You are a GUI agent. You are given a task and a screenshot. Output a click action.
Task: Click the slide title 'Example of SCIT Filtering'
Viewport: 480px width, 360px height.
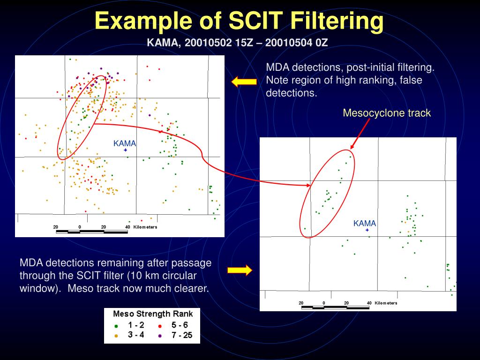(x=239, y=21)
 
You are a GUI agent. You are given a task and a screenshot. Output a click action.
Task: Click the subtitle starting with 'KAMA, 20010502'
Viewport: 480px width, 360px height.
(x=237, y=43)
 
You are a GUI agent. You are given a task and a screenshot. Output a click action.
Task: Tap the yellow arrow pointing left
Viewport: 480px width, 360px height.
(x=244, y=82)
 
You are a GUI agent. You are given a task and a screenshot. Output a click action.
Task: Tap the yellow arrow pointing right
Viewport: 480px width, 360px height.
(x=240, y=270)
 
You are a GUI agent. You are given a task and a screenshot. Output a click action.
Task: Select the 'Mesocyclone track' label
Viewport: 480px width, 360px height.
(x=386, y=113)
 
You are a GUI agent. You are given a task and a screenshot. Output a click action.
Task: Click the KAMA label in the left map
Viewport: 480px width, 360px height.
(x=125, y=143)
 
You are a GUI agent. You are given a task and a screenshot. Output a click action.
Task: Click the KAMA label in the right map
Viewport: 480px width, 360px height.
(x=365, y=224)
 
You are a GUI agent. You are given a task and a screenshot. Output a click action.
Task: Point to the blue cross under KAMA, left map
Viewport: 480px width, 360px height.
(x=125, y=150)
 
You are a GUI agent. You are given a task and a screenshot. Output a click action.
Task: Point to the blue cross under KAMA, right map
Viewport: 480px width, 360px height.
(x=367, y=230)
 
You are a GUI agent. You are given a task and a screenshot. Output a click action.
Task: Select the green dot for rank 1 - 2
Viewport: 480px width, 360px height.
(x=116, y=325)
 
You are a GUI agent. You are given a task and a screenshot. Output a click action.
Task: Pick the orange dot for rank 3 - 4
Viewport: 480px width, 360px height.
(x=116, y=336)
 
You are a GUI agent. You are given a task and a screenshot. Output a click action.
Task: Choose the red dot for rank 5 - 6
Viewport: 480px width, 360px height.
(x=160, y=325)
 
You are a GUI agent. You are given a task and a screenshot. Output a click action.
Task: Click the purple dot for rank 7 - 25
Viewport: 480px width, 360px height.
(x=160, y=336)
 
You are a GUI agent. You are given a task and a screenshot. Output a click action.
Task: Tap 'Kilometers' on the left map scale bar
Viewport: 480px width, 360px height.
(x=145, y=227)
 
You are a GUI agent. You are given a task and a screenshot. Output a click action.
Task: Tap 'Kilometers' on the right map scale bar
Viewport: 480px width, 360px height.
(x=386, y=303)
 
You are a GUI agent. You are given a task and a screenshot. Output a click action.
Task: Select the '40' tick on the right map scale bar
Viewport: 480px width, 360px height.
(x=369, y=303)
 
